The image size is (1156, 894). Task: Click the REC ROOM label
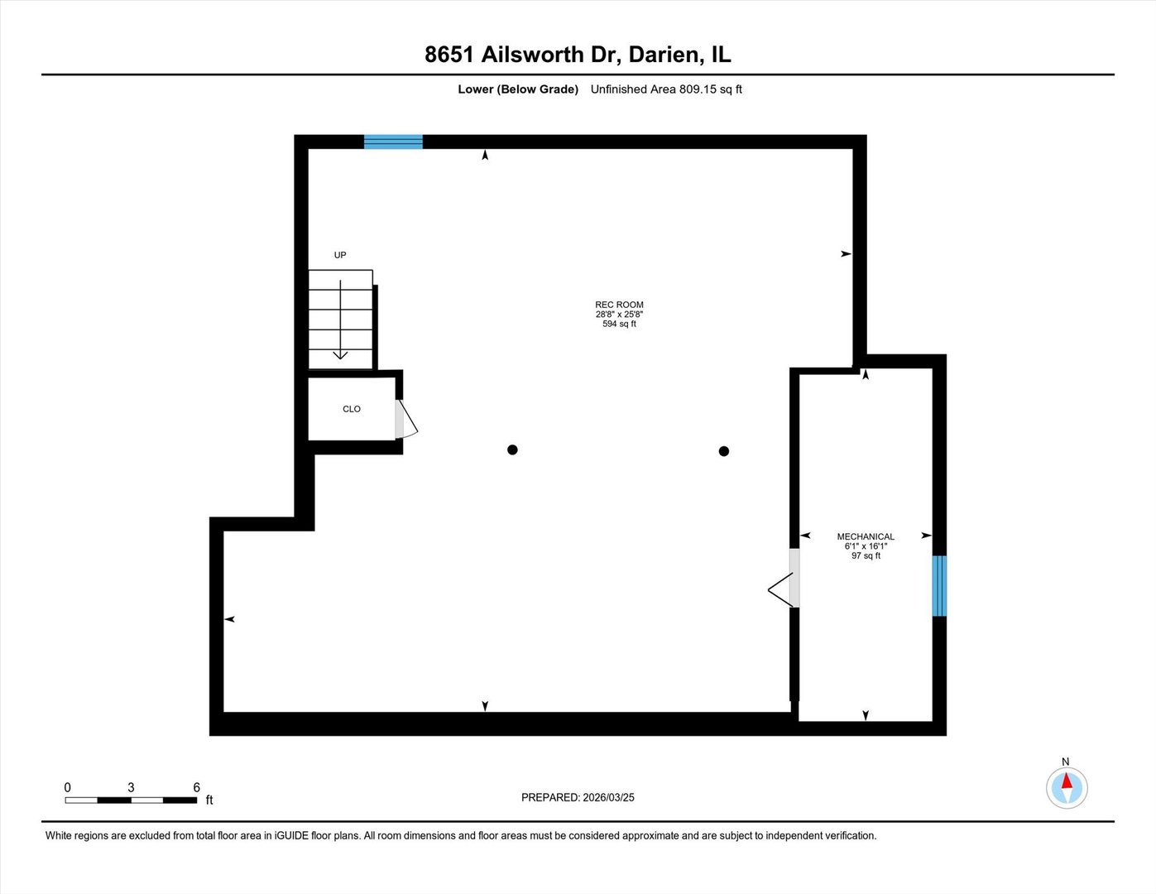[619, 305]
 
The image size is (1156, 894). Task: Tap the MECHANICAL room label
[866, 536]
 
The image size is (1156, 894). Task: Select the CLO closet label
[352, 409]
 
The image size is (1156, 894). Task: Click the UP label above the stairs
[340, 255]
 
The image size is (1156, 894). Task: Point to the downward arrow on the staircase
[340, 320]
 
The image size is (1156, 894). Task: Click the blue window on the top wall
[393, 142]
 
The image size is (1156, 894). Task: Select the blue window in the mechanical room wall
[939, 586]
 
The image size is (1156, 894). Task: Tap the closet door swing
[406, 420]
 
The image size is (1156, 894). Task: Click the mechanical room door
[783, 579]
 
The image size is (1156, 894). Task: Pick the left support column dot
[512, 449]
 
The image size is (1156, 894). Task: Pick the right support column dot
[723, 451]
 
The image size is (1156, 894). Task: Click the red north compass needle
[1066, 781]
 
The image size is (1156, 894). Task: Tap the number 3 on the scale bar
[131, 787]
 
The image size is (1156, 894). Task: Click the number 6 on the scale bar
[196, 787]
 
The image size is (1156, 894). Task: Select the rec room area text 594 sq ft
[619, 324]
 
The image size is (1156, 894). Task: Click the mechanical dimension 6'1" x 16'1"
[866, 546]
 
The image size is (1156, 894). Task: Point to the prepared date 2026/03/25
[608, 797]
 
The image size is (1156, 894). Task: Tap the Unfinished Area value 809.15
[698, 89]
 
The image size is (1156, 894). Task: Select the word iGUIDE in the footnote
[291, 835]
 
